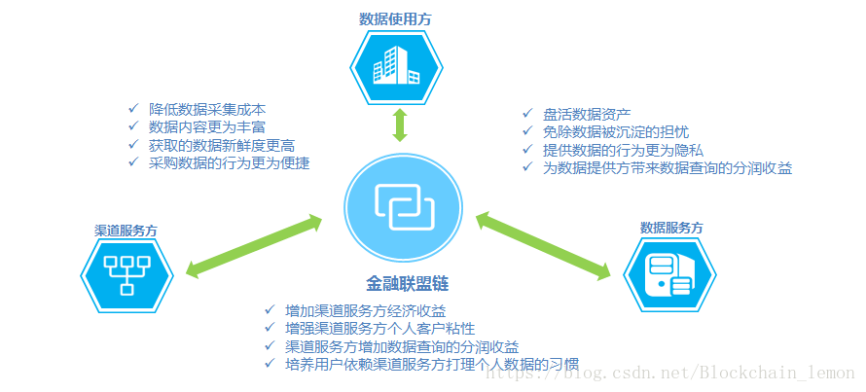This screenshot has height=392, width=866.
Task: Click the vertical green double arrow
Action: pyautogui.click(x=398, y=126)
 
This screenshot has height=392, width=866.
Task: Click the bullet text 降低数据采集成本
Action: pyautogui.click(x=207, y=109)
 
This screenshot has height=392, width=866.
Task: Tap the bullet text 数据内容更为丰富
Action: pyautogui.click(x=207, y=127)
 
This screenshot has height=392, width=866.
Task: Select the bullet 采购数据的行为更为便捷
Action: pyautogui.click(x=229, y=163)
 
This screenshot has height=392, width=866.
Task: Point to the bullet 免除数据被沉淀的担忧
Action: pyautogui.click(x=617, y=131)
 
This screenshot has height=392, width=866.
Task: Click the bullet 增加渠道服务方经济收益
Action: pyautogui.click(x=366, y=311)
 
